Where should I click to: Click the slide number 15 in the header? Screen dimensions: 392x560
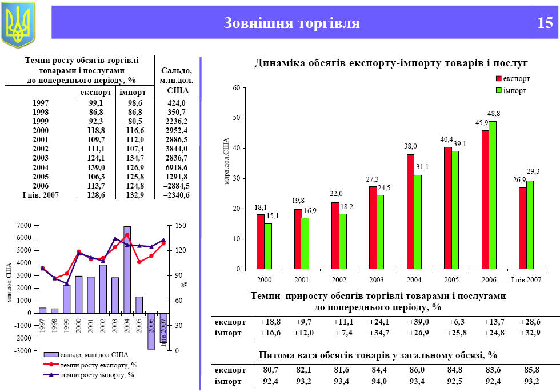point(545,23)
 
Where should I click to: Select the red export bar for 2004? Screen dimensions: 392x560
point(410,211)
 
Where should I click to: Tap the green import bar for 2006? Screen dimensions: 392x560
point(493,195)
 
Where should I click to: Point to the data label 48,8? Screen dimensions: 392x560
point(494,114)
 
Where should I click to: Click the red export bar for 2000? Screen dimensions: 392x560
point(260,241)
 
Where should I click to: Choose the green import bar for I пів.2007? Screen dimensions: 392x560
point(530,225)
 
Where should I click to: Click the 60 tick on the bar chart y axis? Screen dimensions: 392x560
point(235,88)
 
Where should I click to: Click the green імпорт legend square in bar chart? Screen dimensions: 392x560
point(498,90)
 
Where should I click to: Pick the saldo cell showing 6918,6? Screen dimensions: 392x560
point(177,167)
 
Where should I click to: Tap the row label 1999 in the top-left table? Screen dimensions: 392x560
point(41,121)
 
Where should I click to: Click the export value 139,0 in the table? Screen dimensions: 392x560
point(96,167)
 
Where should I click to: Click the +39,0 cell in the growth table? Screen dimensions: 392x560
point(419,322)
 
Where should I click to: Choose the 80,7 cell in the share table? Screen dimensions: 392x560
point(271,370)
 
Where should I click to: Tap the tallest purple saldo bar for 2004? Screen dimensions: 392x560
point(127,270)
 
